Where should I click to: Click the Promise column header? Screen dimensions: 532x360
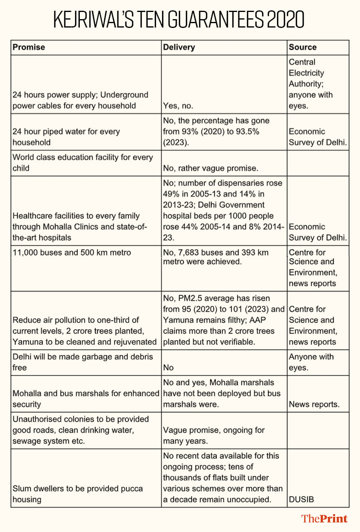coord(29,47)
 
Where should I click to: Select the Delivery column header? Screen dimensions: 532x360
coord(179,47)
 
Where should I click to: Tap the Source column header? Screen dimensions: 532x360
coord(303,47)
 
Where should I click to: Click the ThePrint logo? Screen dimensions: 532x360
coord(324,518)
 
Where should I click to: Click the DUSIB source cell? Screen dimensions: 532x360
coord(301,499)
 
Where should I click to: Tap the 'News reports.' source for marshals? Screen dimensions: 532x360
coord(314,404)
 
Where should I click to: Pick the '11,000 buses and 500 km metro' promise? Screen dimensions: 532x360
coord(72,252)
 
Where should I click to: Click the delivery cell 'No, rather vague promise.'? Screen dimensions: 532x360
coord(210,168)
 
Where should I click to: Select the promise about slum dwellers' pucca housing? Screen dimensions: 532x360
coord(78,494)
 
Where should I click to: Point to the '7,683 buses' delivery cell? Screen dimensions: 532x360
coord(216,257)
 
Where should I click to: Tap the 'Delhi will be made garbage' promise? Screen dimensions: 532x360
coord(83,362)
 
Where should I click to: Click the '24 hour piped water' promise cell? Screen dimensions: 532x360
coord(66,137)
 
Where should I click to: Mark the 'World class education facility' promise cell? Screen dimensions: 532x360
coord(83,162)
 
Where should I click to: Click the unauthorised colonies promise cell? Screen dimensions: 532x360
coord(81,430)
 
